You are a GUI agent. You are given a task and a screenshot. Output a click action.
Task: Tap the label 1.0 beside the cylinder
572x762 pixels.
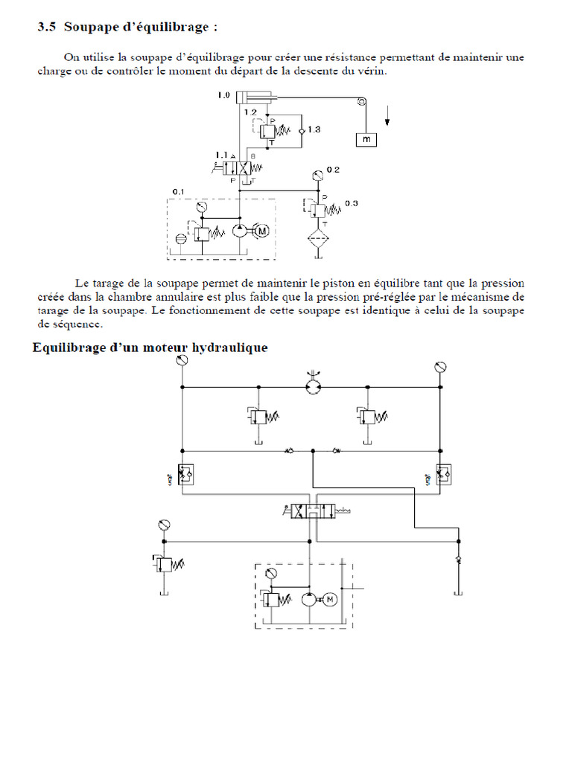223,96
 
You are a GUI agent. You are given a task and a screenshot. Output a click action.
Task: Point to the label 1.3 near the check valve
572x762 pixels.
313,129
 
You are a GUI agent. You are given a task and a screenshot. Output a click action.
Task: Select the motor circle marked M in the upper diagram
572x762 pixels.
261,231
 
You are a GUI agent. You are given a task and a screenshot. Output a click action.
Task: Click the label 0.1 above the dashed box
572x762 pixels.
178,192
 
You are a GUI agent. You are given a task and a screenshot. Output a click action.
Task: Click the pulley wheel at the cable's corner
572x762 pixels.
362,102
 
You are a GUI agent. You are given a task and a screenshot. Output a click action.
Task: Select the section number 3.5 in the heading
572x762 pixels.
47,28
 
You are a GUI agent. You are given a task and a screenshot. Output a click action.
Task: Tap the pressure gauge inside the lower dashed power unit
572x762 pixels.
270,573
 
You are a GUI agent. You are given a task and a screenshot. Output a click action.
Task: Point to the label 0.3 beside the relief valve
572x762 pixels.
351,204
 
